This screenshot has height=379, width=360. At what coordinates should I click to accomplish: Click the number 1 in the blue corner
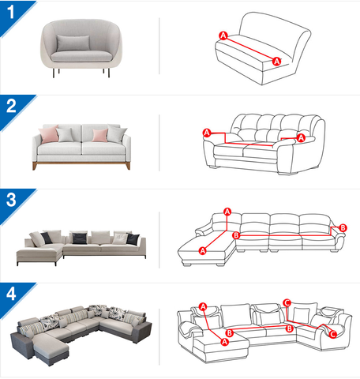tap(11, 12)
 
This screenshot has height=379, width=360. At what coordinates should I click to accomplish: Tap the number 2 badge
tap(11, 106)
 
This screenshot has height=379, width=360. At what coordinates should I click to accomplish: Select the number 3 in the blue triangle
tap(11, 200)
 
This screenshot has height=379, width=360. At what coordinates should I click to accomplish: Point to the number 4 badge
tap(11, 294)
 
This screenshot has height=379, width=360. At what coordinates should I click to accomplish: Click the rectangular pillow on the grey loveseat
tap(73, 43)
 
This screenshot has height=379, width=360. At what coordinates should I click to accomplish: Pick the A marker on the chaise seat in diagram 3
tap(202, 251)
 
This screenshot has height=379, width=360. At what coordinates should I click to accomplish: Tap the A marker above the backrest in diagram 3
tap(227, 212)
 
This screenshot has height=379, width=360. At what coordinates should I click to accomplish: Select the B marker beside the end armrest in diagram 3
tap(343, 227)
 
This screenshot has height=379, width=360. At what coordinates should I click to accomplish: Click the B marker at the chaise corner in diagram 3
tap(236, 235)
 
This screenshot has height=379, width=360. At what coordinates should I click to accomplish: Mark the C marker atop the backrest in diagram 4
tap(287, 303)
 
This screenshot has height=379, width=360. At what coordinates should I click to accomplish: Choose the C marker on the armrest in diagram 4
tap(333, 335)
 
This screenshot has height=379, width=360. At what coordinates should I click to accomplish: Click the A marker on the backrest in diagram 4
tap(203, 307)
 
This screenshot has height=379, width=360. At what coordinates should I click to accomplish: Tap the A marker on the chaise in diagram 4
tap(224, 342)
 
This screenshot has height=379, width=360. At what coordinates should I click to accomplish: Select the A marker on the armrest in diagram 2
tap(301, 137)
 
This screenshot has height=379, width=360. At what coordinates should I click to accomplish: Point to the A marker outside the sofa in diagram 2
tap(207, 133)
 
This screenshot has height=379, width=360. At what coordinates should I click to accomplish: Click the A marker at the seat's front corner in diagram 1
tap(276, 62)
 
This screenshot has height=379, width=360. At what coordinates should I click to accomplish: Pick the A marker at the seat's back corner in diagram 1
tap(223, 36)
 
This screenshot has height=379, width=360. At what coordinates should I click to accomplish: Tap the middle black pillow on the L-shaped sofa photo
tap(80, 238)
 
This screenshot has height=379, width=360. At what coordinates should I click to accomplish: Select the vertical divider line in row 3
tap(159, 240)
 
